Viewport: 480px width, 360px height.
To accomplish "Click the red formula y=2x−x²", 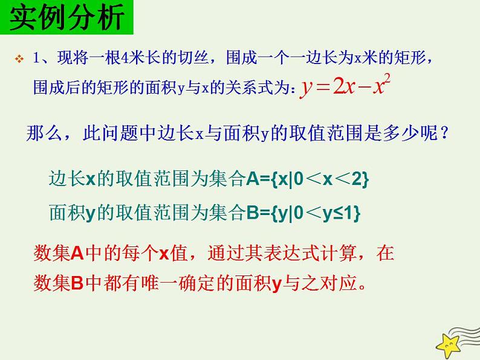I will click(x=343, y=87).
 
